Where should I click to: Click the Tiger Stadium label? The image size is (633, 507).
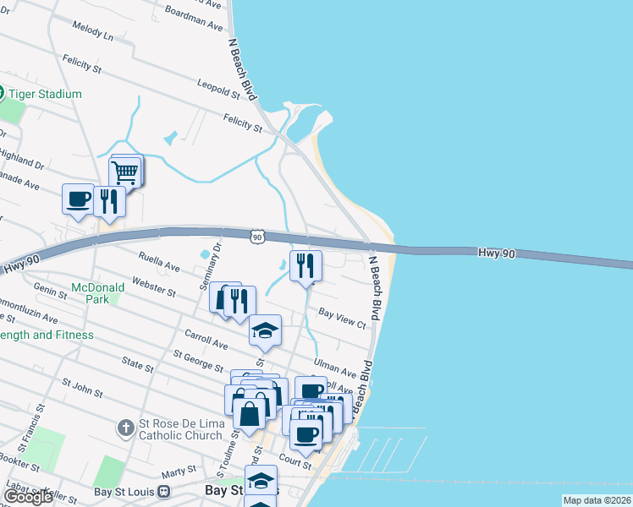(x=47, y=94)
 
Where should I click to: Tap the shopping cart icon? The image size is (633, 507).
(x=124, y=172)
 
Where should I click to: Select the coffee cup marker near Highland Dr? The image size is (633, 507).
(x=79, y=201)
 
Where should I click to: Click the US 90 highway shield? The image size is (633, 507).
(x=257, y=238)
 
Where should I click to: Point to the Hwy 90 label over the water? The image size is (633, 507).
(x=496, y=253)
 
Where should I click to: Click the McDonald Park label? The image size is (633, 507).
(x=98, y=293)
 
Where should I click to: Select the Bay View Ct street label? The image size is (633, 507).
(x=342, y=318)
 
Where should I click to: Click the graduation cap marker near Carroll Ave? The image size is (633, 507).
(x=265, y=331)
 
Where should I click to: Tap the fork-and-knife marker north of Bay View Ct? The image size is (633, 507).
(x=305, y=266)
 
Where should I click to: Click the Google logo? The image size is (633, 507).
(x=27, y=497)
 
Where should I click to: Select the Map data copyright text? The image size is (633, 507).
(x=597, y=500)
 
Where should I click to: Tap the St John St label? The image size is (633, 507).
(x=82, y=388)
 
